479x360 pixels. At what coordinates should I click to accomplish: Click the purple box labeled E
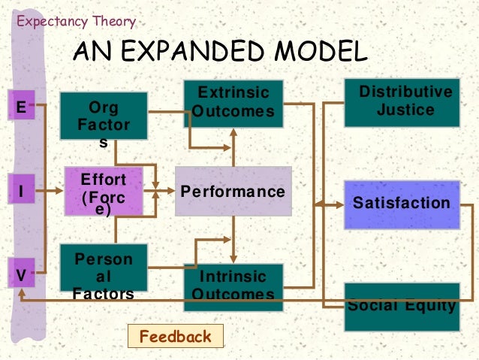(x=20, y=107)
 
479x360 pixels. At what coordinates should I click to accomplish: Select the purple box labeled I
(x=20, y=192)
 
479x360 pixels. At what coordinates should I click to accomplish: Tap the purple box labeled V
(x=20, y=275)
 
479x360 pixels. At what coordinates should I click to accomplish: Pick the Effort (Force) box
(x=103, y=192)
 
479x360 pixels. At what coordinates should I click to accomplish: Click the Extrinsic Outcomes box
(x=233, y=104)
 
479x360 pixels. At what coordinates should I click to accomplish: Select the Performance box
(x=233, y=192)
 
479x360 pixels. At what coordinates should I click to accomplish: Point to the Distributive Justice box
(x=401, y=102)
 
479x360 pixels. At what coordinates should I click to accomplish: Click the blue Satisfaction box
(x=402, y=204)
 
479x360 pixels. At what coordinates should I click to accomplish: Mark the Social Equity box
(x=402, y=306)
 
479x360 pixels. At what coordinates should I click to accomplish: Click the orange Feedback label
(x=176, y=336)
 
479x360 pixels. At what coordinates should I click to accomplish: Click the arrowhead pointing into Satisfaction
(x=318, y=204)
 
